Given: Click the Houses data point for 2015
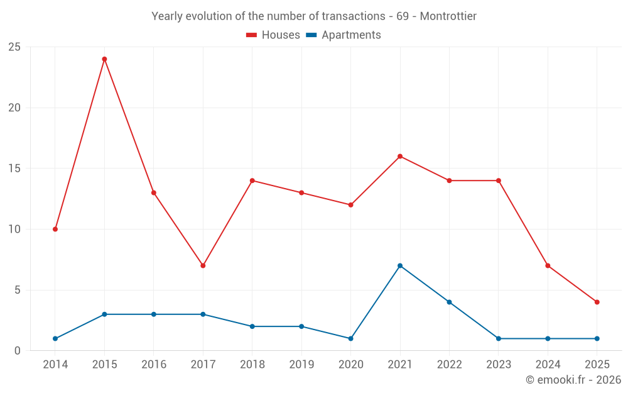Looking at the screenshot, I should [x=104, y=59].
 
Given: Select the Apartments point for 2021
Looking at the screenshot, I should [x=400, y=265].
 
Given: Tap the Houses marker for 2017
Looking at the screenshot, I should [x=203, y=265].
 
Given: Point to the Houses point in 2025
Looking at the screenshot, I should [x=597, y=302].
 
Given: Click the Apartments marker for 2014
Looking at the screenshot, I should [x=55, y=338].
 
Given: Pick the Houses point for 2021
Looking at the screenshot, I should [x=400, y=157].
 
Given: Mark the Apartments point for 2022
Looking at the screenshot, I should [x=449, y=302].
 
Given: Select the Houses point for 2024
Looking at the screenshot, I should [x=548, y=265].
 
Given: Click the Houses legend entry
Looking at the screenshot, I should [x=273, y=35].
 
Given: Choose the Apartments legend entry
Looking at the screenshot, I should [x=344, y=35].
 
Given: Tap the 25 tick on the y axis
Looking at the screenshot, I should [x=14, y=47].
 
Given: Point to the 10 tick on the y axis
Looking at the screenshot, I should [x=14, y=230].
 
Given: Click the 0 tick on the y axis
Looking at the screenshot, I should [x=18, y=351].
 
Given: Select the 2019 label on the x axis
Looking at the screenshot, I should [x=301, y=364].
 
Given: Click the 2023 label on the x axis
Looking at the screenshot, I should [x=499, y=364].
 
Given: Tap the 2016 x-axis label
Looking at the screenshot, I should [x=154, y=364].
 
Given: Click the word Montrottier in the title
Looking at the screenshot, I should [x=448, y=16].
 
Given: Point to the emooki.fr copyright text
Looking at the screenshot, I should [x=573, y=380].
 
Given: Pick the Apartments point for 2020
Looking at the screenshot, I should [x=350, y=338].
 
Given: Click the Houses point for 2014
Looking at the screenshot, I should [x=55, y=229].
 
